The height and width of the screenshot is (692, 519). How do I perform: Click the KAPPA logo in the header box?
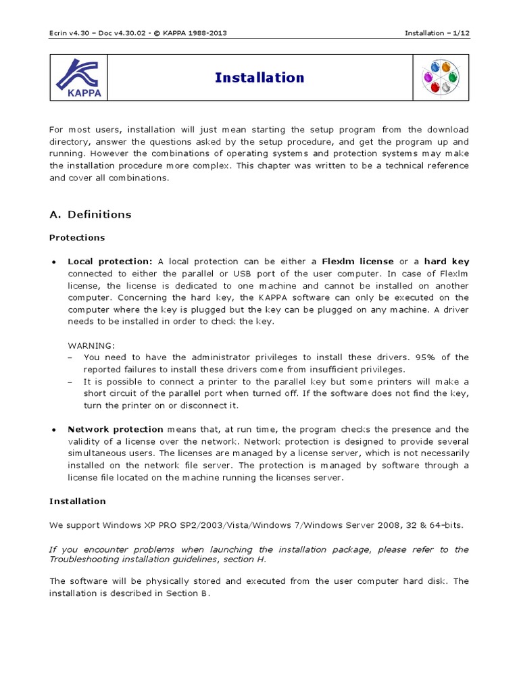click(x=78, y=78)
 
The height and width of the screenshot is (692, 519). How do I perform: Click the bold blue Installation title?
click(x=259, y=78)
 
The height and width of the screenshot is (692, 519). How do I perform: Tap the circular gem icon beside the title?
click(x=441, y=78)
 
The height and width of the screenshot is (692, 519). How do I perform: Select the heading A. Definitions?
click(x=91, y=214)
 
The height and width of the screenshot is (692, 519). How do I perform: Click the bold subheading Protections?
click(x=77, y=238)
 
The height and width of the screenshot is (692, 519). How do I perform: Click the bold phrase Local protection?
click(x=110, y=262)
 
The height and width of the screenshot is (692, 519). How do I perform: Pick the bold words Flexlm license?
click(x=357, y=262)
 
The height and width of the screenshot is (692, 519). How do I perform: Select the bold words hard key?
click(x=446, y=262)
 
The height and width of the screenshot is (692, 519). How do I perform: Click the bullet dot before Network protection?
click(x=53, y=430)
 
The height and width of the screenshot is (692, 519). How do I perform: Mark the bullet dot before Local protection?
click(x=53, y=262)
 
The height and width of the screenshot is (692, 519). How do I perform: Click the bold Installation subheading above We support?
click(x=78, y=501)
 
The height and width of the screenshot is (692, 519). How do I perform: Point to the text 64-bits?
click(x=445, y=525)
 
